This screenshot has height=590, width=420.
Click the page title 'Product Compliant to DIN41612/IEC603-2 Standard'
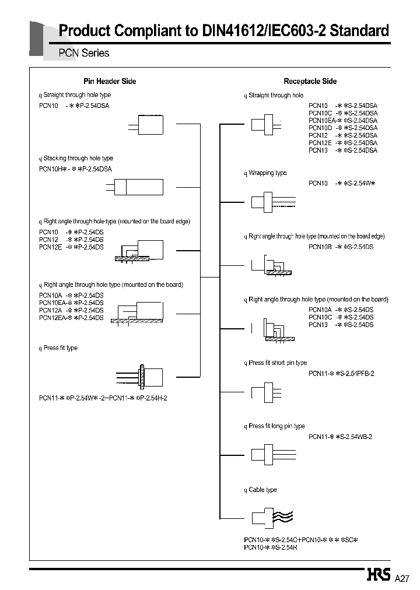coord(224,31)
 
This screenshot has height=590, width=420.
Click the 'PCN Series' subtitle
coord(83,53)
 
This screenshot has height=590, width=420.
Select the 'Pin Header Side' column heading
coord(110,82)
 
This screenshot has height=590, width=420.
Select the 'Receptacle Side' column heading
coord(310,82)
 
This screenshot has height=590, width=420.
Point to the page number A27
coord(402,578)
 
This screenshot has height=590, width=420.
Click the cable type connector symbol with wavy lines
coord(271,517)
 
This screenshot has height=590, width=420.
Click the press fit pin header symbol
coord(141,375)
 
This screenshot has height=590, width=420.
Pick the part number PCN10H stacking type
coord(75,169)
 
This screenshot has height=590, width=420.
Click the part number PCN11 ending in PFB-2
coord(341,373)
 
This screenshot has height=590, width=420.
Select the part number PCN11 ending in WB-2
coord(340,437)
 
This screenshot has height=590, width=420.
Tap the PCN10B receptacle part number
coord(341,247)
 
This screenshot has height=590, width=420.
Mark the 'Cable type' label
coord(262,490)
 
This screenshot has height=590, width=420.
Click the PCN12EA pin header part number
coord(71,318)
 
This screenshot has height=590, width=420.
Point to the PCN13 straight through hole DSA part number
coord(342,150)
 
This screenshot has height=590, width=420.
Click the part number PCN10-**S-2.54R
coord(270,547)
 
